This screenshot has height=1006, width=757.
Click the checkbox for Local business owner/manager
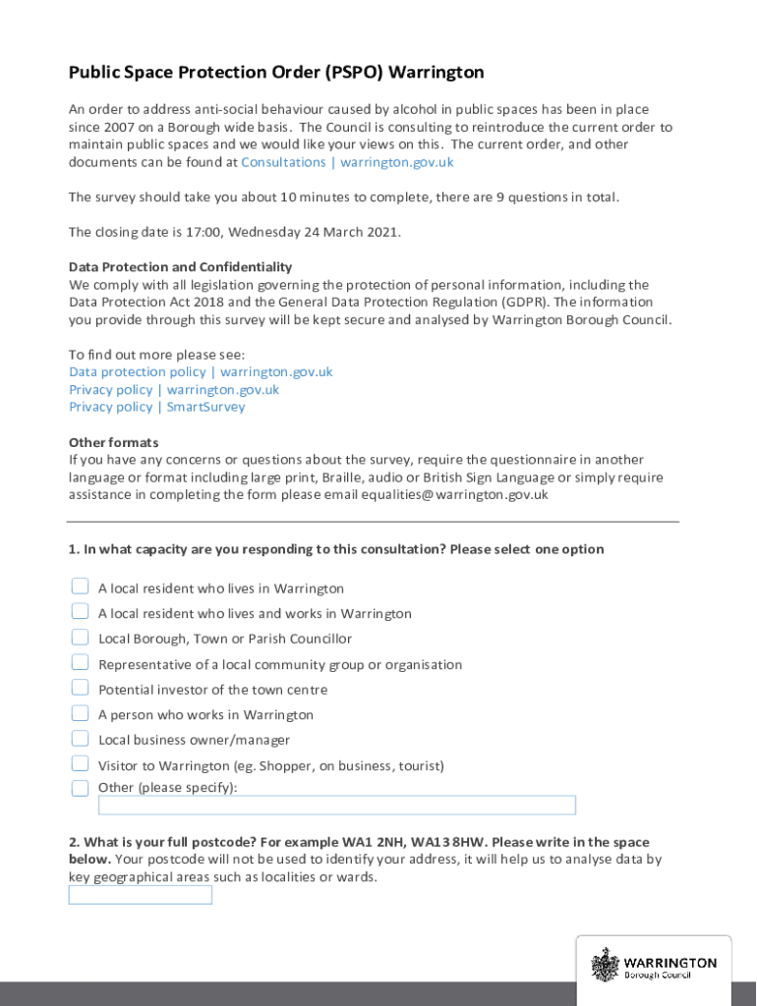click(x=80, y=738)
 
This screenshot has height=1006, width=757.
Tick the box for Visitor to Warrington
click(x=80, y=763)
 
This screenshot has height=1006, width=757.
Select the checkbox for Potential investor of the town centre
click(x=80, y=688)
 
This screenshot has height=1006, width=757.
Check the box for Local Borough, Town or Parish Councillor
click(x=80, y=637)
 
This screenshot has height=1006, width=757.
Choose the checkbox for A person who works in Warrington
click(x=80, y=712)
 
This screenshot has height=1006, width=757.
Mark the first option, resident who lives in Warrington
click(x=80, y=587)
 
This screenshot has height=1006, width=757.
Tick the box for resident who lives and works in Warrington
click(x=80, y=611)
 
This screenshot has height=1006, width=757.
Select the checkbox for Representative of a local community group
click(x=80, y=662)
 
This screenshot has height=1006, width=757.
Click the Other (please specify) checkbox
click(x=80, y=788)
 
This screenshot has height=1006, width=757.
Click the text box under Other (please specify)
click(x=336, y=806)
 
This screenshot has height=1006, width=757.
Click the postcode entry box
click(x=140, y=895)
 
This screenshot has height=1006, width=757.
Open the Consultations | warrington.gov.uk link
click(x=347, y=162)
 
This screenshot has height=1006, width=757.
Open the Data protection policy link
click(x=201, y=372)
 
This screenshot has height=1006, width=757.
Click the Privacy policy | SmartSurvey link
click(x=156, y=407)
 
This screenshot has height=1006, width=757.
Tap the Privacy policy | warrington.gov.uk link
click(x=173, y=390)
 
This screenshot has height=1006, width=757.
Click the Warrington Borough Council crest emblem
click(x=604, y=964)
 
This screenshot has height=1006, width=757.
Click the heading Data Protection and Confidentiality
click(x=180, y=267)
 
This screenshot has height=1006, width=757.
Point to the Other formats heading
click(x=113, y=442)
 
